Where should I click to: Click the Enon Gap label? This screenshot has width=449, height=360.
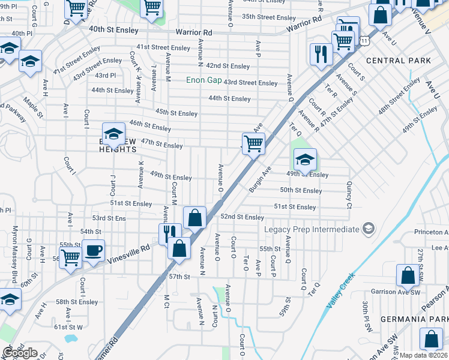tap(204, 80)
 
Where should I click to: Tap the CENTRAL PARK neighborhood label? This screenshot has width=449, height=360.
tap(398, 61)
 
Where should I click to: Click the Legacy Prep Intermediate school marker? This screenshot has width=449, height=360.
tap(369, 229)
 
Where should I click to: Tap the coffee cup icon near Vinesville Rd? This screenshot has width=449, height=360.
tap(94, 250)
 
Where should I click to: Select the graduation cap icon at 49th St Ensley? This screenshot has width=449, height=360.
tap(305, 159)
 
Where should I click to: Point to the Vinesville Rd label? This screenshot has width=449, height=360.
tap(128, 253)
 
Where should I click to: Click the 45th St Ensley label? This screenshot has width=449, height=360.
tap(176, 113)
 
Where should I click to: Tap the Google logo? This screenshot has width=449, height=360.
tap(20, 353)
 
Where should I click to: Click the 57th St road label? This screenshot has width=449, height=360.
tap(179, 277)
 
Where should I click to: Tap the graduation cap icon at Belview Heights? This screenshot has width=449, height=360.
tap(113, 135)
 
